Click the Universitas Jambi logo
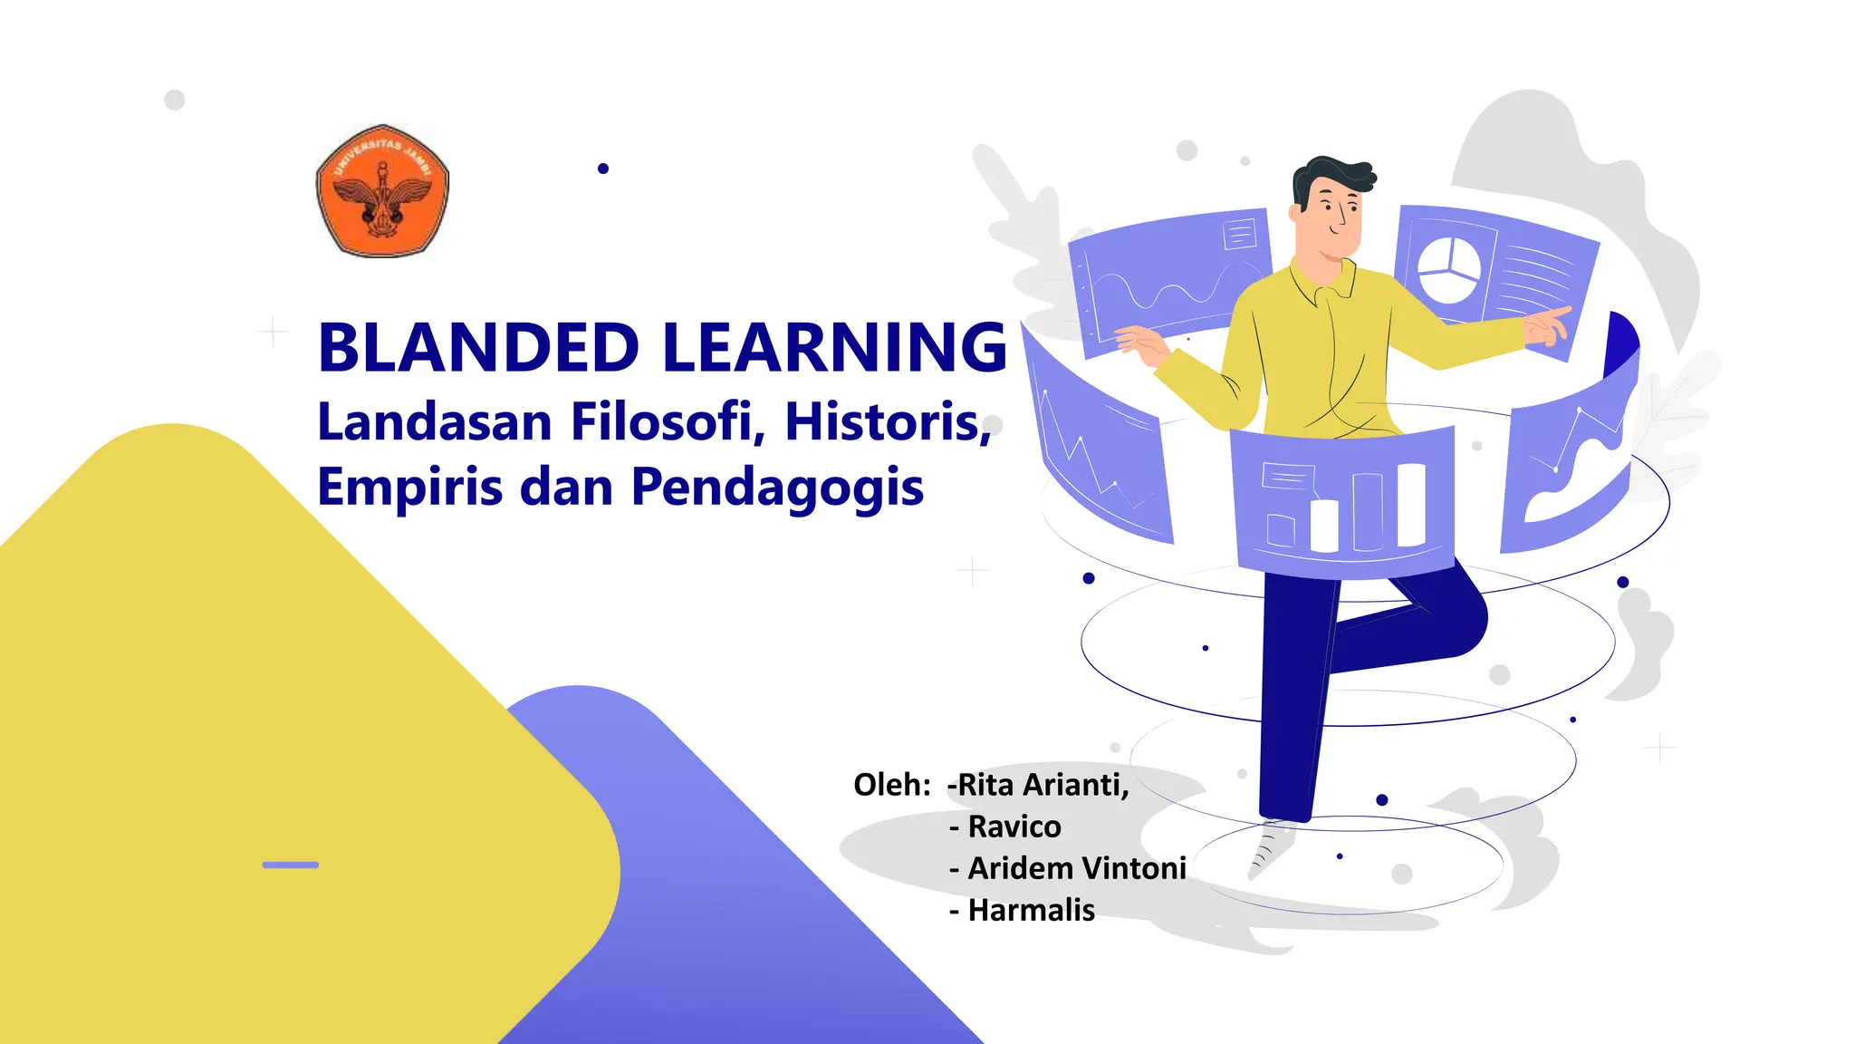(382, 191)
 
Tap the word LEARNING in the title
(834, 347)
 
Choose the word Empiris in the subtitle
(409, 487)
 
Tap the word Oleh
(891, 785)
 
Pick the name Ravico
(1014, 826)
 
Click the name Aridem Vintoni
(1077, 868)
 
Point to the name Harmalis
(1032, 910)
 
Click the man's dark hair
(1331, 177)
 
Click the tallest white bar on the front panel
(1411, 505)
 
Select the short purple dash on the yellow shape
(290, 865)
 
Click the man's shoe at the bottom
(1270, 848)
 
